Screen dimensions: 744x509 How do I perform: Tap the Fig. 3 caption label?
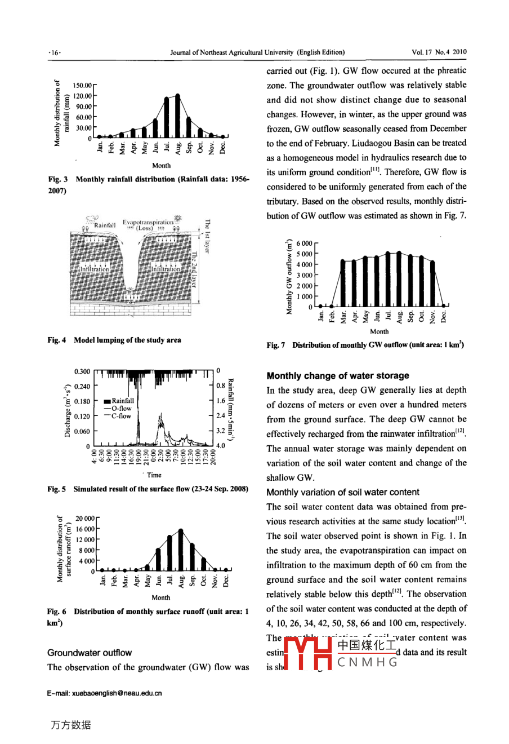58,179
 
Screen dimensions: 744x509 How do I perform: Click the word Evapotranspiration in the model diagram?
148,222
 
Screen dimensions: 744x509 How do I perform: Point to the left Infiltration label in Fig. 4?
95,269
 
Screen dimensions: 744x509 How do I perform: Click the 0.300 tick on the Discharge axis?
82,371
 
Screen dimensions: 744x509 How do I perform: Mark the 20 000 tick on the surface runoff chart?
86,519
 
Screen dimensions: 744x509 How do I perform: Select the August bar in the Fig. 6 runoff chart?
181,550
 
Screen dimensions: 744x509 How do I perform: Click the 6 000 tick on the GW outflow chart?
304,243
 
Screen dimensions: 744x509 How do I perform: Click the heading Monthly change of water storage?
338,375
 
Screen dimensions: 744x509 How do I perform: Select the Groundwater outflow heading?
90,653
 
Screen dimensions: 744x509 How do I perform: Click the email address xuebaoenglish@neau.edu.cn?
105,693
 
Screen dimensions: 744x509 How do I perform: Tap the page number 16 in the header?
55,52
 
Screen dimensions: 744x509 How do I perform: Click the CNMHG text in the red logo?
367,662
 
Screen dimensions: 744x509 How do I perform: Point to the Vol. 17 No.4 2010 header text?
439,52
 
